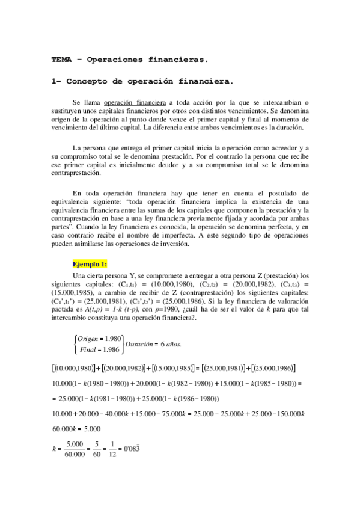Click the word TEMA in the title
[61, 60]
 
